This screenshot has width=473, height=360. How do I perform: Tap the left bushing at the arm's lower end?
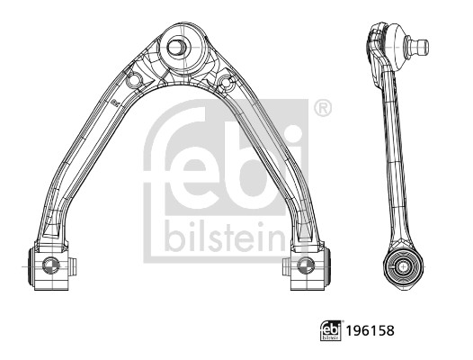pos(50,265)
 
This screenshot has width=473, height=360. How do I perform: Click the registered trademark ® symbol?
pos(322,109)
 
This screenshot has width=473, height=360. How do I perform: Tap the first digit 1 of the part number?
pos(349,330)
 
